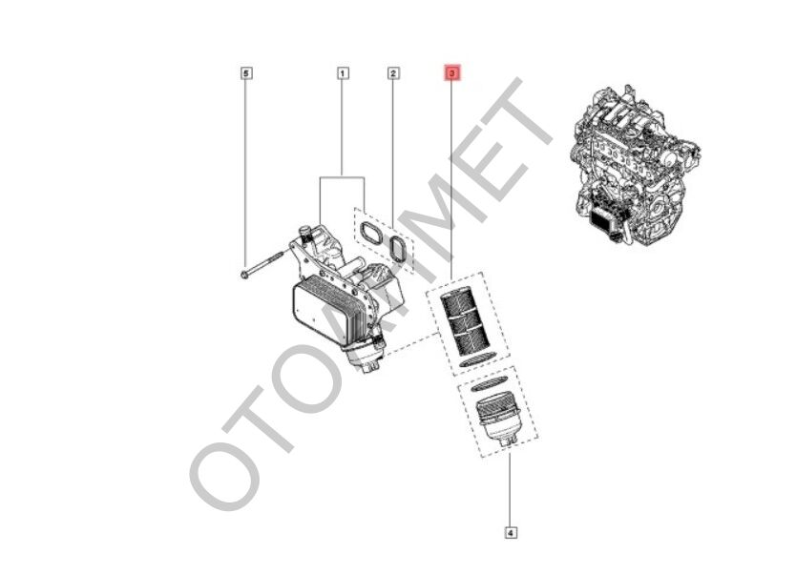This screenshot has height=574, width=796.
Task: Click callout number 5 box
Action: pyautogui.click(x=246, y=72)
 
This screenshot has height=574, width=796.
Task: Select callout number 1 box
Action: pyautogui.click(x=342, y=72)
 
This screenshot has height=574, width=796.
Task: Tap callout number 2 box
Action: pyautogui.click(x=392, y=72)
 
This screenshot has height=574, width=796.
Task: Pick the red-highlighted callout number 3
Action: pyautogui.click(x=452, y=72)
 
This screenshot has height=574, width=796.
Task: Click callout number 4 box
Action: pyautogui.click(x=511, y=532)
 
